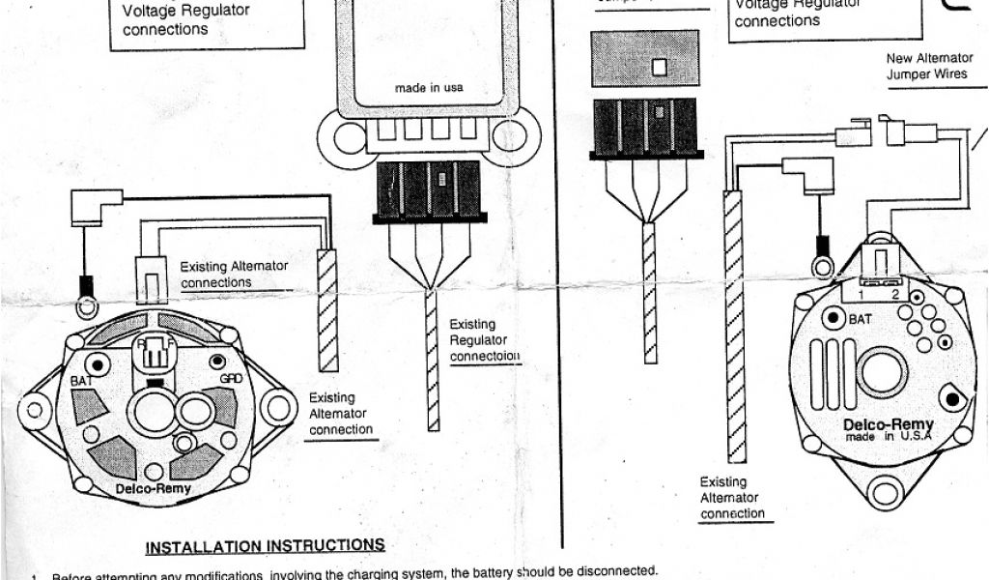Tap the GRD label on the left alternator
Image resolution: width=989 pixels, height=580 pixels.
coord(231,378)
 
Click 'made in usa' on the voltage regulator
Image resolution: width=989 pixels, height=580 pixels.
coord(429,88)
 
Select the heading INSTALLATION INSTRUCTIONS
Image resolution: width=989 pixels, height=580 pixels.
coord(265,547)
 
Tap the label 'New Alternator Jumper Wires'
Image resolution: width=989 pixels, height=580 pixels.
coord(928,66)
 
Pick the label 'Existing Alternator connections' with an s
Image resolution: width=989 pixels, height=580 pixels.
coord(234,275)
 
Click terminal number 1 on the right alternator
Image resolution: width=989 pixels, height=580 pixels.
coord(860,292)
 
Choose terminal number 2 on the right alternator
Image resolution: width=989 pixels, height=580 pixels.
coord(895,292)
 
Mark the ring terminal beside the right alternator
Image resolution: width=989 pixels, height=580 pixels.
coord(823,264)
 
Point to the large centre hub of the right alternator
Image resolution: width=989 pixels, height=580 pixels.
coord(882,372)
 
